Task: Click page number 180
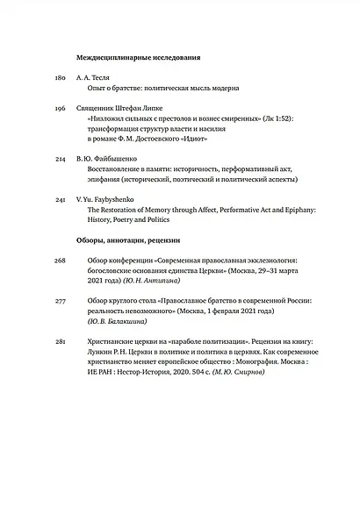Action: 61,78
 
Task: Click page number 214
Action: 61,157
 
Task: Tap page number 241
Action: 61,200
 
